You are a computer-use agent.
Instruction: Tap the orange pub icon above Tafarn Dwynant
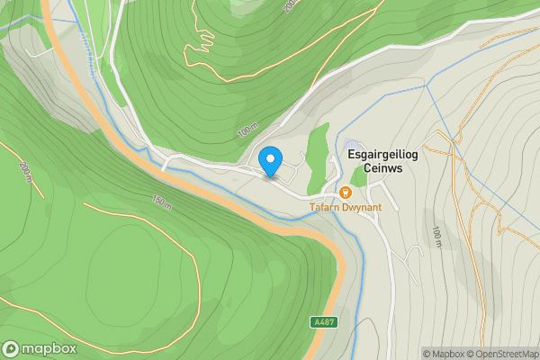tap(346, 192)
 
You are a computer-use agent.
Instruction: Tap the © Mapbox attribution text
tap(445, 354)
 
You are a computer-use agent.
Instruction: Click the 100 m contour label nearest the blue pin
tap(248, 131)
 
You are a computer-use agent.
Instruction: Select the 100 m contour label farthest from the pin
tap(436, 237)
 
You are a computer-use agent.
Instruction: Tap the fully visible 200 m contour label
tap(25, 170)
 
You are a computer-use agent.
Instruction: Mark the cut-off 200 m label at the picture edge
tap(290, 5)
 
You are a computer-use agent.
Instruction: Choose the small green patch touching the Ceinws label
tap(360, 176)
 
